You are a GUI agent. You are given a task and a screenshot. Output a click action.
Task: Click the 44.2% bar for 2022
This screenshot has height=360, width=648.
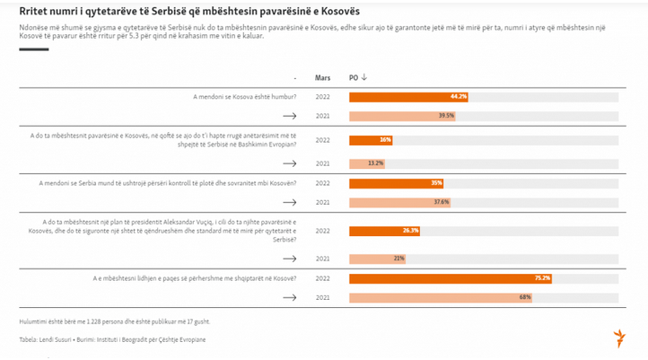coord(408,96)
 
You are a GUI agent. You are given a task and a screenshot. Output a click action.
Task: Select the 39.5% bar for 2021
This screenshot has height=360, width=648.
coord(402,116)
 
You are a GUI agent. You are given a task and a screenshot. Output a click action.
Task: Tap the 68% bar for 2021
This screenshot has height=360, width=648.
coord(440,298)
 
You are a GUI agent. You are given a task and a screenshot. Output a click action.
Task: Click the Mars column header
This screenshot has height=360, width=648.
coord(323,77)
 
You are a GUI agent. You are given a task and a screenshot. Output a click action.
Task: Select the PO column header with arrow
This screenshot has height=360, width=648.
coord(358,77)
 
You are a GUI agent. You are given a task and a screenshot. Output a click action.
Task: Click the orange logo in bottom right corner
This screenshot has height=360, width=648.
coord(618,338)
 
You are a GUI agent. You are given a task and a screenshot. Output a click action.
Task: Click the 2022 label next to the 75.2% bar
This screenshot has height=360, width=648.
coord(323,278)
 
